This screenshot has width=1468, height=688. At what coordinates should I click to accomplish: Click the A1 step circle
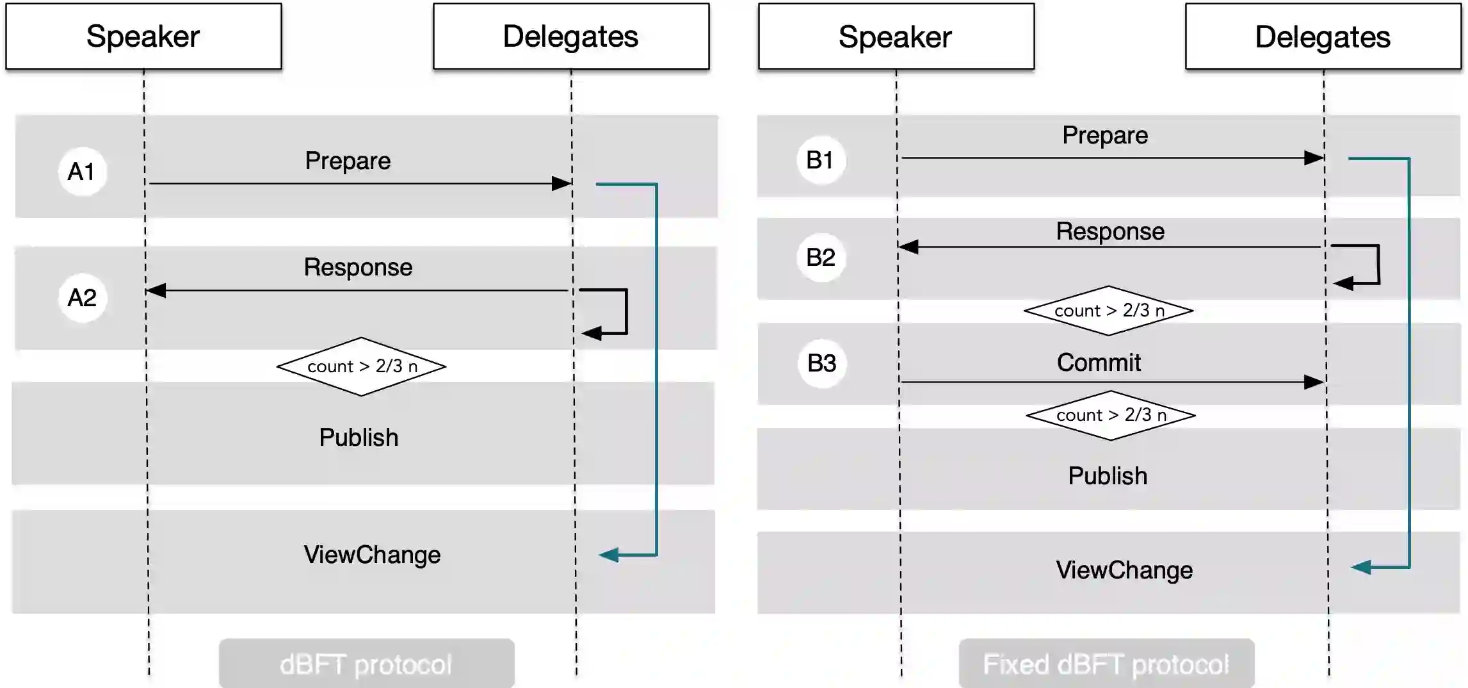click(82, 172)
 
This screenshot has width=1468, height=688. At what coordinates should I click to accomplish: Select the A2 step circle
click(82, 298)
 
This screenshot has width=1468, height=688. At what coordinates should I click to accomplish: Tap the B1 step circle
click(820, 160)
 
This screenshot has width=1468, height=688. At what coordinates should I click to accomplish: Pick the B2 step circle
click(821, 258)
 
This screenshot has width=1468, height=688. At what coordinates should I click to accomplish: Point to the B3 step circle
click(822, 363)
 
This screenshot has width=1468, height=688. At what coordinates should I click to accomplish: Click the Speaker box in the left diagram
click(143, 37)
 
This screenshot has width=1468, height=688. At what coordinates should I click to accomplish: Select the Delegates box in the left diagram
click(570, 37)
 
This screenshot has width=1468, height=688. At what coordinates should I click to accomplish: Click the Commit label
click(1099, 363)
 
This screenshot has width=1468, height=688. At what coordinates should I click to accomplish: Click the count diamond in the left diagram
click(362, 366)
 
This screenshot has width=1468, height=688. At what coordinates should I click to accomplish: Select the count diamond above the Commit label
click(1109, 311)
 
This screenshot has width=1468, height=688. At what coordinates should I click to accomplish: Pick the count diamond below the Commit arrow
click(1111, 415)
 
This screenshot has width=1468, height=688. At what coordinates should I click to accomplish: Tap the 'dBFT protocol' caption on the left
click(366, 664)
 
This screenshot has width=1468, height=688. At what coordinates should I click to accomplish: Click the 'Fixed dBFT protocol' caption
click(1106, 664)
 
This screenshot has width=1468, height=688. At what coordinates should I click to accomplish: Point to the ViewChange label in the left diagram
click(372, 555)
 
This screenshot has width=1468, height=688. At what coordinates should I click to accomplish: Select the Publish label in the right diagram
click(1108, 476)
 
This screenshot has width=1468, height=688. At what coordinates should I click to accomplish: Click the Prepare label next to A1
click(348, 161)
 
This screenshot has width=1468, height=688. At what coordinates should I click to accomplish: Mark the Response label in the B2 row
click(1110, 231)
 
